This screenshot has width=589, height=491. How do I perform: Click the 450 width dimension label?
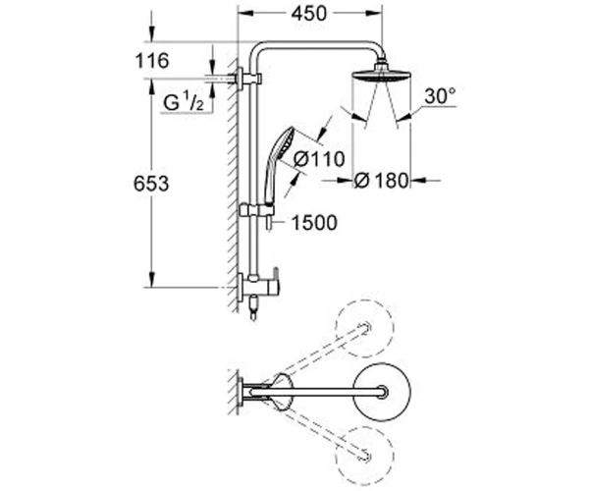tap(309, 14)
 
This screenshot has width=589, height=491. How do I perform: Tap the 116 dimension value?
tap(152, 61)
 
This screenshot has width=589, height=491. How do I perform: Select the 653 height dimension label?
tap(151, 184)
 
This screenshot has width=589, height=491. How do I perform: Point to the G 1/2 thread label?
tap(184, 102)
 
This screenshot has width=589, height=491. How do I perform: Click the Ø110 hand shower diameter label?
tap(319, 159)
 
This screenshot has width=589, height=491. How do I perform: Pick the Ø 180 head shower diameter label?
tap(381, 181)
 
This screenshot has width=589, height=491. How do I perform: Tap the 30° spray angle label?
tap(440, 96)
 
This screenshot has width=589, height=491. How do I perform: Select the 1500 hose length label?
tap(314, 223)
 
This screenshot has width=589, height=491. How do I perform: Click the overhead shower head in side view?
tap(381, 72)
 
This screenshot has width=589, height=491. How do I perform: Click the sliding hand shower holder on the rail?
tap(257, 210)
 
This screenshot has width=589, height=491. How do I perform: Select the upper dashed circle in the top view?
tap(364, 328)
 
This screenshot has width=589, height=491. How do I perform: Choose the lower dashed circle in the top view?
tap(364, 456)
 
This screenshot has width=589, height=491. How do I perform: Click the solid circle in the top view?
tap(381, 392)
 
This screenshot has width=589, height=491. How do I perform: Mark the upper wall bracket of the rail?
tap(248, 80)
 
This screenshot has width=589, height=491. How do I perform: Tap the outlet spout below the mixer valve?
tap(253, 307)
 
